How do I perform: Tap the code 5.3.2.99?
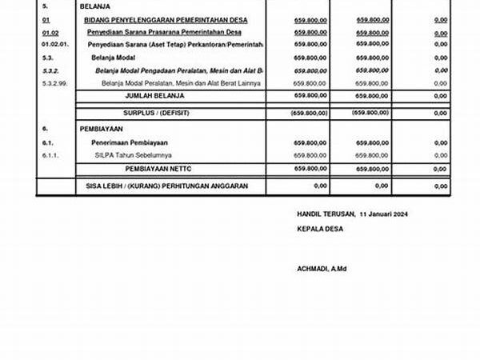(x=54, y=82)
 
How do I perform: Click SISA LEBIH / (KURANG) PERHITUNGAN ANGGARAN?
(x=166, y=186)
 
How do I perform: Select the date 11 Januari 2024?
(x=386, y=214)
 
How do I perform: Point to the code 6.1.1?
(x=50, y=154)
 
